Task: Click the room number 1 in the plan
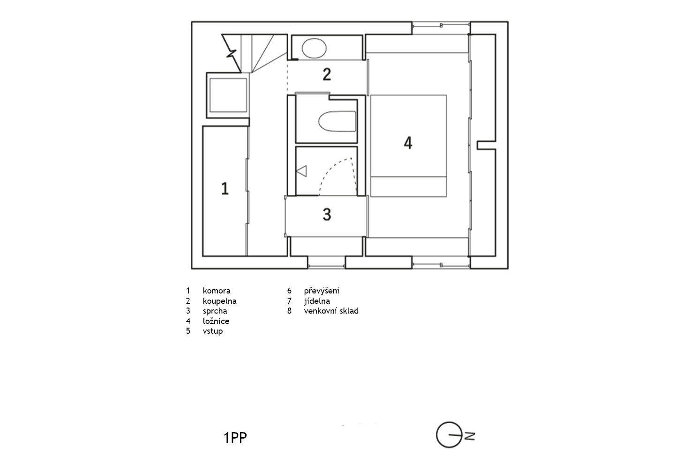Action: (225, 189)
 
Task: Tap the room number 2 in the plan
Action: (327, 74)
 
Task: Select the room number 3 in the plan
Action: (327, 214)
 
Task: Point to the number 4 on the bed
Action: (408, 143)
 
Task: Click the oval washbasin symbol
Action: (314, 48)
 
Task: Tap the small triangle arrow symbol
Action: (301, 171)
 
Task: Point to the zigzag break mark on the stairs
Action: (232, 54)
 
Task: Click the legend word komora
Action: (217, 291)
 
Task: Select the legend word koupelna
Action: (219, 301)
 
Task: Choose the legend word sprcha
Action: (215, 311)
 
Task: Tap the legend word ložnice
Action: (216, 321)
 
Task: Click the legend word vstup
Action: (212, 331)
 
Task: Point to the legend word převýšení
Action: (322, 291)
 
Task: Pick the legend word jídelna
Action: (317, 301)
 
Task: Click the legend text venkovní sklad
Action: (331, 311)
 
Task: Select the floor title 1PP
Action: (235, 438)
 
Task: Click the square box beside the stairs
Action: (228, 95)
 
